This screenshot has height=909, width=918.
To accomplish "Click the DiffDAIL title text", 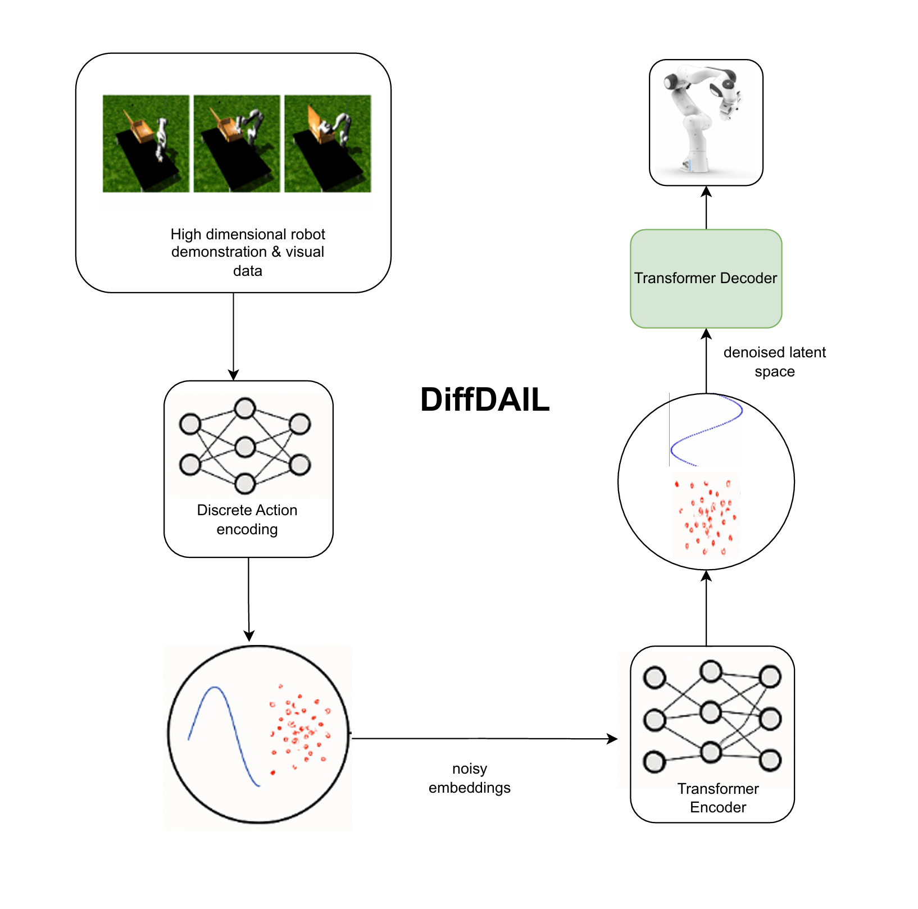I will point(485,400).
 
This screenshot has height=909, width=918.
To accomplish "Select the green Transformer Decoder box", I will point(706,279).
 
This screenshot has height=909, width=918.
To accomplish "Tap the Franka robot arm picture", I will point(706,122).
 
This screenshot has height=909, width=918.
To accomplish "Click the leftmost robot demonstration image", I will point(146,144).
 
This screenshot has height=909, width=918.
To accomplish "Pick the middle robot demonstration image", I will point(237,144).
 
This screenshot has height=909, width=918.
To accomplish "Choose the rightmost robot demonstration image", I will point(328,144).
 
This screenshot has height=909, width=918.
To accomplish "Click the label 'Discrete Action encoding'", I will point(247,520).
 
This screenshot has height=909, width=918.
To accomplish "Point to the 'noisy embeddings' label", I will point(470,778).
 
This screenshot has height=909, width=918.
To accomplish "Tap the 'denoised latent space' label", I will point(774,362).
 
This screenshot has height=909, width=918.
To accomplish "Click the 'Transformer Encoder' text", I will point(718,798).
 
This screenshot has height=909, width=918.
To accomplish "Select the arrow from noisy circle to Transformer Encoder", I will point(483,739).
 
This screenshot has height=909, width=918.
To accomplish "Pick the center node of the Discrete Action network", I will point(245,447).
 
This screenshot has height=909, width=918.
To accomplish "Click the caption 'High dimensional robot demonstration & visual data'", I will point(248,252).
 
